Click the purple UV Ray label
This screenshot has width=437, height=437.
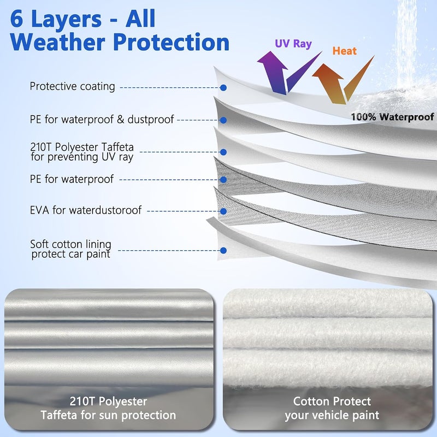293,44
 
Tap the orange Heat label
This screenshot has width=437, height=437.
345,51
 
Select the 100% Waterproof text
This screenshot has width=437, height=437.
392,117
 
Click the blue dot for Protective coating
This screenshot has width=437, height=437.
223,88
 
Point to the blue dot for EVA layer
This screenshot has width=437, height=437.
223,211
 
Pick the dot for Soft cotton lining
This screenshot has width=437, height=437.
223,251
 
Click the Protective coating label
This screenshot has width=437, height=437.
72,86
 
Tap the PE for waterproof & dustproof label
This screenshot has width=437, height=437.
102,119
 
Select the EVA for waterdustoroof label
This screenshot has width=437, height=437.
86,210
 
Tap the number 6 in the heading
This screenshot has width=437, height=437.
16,19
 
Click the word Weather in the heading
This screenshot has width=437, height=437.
57,42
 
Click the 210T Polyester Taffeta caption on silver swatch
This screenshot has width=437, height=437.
108,408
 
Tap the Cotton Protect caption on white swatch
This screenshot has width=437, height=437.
332,408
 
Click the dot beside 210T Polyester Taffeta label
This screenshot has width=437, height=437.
223,152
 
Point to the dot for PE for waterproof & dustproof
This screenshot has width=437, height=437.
223,120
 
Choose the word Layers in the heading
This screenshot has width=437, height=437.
66,19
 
